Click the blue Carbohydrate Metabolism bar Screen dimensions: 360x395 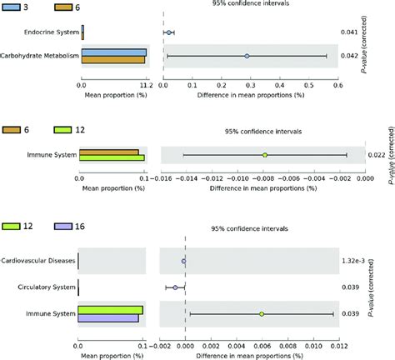(x=114, y=52)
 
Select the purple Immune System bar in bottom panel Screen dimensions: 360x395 (x=108, y=318)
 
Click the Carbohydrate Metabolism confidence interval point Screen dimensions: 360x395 (x=247, y=57)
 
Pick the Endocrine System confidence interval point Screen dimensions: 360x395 (x=168, y=32)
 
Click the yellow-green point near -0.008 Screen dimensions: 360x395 (x=264, y=155)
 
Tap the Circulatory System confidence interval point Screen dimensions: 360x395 (x=175, y=287)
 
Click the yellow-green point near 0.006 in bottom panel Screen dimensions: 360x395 (x=262, y=314)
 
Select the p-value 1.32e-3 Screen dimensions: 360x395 (x=353, y=261)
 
